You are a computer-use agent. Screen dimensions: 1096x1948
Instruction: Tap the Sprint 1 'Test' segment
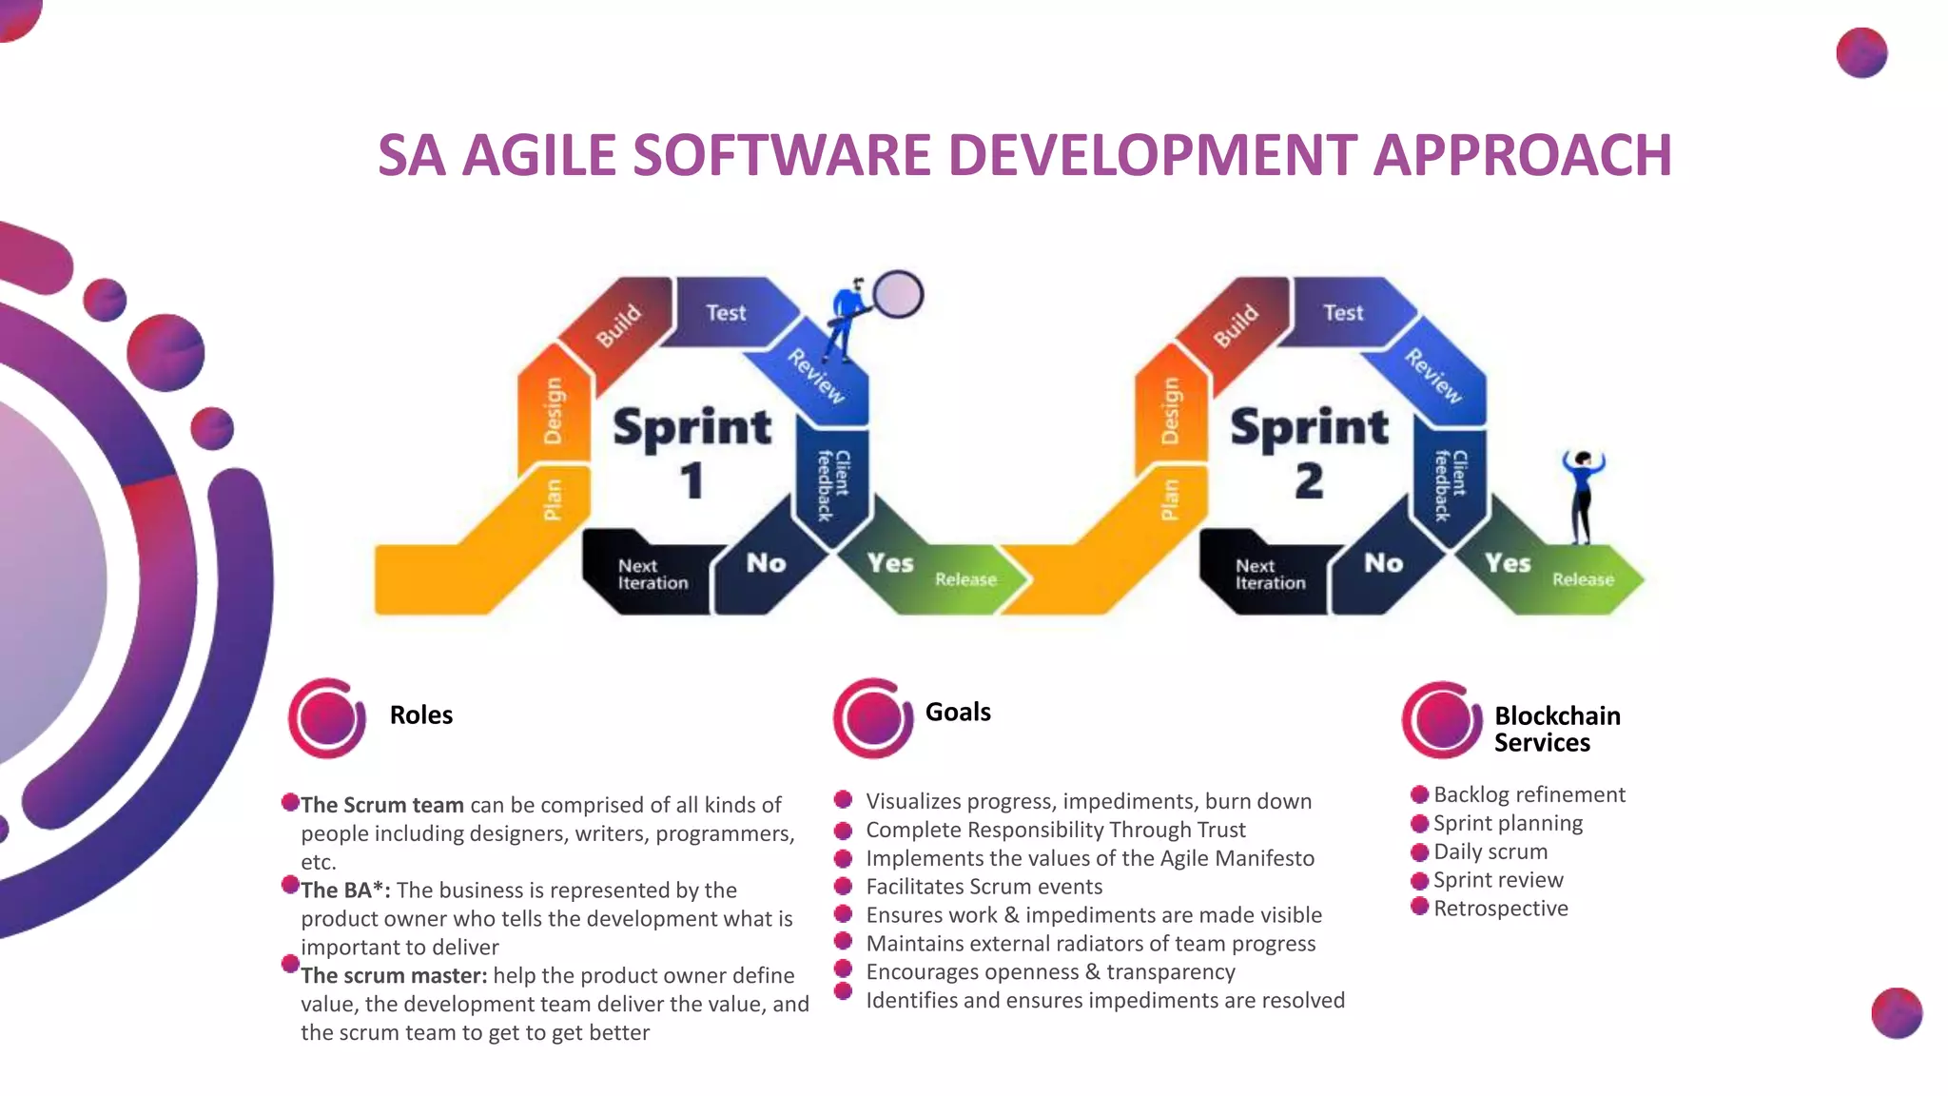tap(727, 313)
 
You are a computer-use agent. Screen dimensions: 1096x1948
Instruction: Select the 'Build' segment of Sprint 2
tap(1235, 325)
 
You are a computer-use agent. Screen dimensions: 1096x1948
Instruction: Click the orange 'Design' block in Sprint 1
tap(553, 411)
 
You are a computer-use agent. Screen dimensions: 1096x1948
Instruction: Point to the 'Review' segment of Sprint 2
tap(1434, 376)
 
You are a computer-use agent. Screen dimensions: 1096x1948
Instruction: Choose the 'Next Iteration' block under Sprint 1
tap(652, 575)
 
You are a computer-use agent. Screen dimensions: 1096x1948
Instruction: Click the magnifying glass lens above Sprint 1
tap(898, 294)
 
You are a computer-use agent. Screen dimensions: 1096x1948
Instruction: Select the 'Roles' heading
tap(420, 715)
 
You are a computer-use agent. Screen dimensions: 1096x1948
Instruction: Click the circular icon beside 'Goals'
tap(872, 718)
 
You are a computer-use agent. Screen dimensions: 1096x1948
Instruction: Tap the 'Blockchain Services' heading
tap(1556, 729)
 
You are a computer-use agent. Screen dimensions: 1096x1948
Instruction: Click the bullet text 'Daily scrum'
tap(1490, 851)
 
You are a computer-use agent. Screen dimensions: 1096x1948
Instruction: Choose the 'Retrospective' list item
tap(1500, 909)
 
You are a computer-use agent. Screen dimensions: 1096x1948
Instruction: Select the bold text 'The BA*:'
tap(345, 890)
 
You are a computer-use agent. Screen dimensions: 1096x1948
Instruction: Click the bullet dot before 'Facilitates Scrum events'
tap(843, 887)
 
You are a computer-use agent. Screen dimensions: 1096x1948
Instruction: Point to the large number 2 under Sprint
tap(1309, 480)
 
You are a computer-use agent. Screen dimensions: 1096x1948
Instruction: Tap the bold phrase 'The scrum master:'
tap(394, 976)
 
